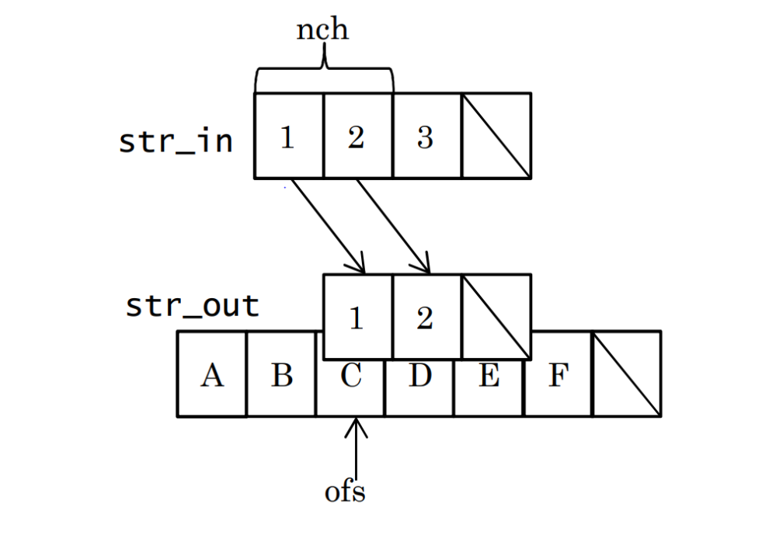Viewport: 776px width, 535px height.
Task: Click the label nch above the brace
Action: (322, 30)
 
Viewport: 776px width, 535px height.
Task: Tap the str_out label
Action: (192, 306)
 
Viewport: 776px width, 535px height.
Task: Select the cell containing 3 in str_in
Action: (426, 136)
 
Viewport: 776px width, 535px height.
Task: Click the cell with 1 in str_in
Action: (288, 136)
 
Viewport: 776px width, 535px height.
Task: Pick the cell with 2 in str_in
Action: (357, 136)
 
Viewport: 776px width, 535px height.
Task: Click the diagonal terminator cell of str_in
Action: (496, 136)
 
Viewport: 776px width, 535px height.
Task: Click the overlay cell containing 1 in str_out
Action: (357, 316)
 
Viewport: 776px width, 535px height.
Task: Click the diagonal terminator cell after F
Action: (626, 374)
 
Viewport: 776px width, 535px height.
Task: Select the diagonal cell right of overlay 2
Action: (496, 316)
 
